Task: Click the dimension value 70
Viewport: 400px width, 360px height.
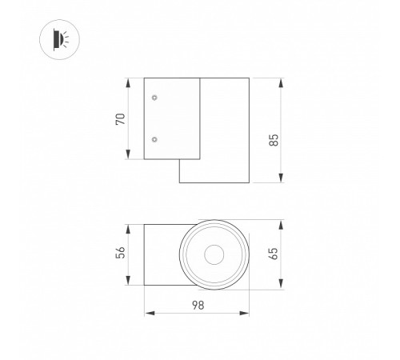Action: click(x=119, y=118)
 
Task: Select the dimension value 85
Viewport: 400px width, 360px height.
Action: click(x=274, y=139)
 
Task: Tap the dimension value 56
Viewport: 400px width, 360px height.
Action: click(x=119, y=254)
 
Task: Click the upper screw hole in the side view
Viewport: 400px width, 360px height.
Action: click(x=154, y=98)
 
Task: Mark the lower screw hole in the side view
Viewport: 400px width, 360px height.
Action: click(x=154, y=139)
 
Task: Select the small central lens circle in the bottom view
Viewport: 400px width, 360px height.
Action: click(x=214, y=255)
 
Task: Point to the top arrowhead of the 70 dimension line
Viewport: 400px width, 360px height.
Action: click(x=130, y=81)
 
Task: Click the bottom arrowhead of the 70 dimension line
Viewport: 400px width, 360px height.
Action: click(x=130, y=157)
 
